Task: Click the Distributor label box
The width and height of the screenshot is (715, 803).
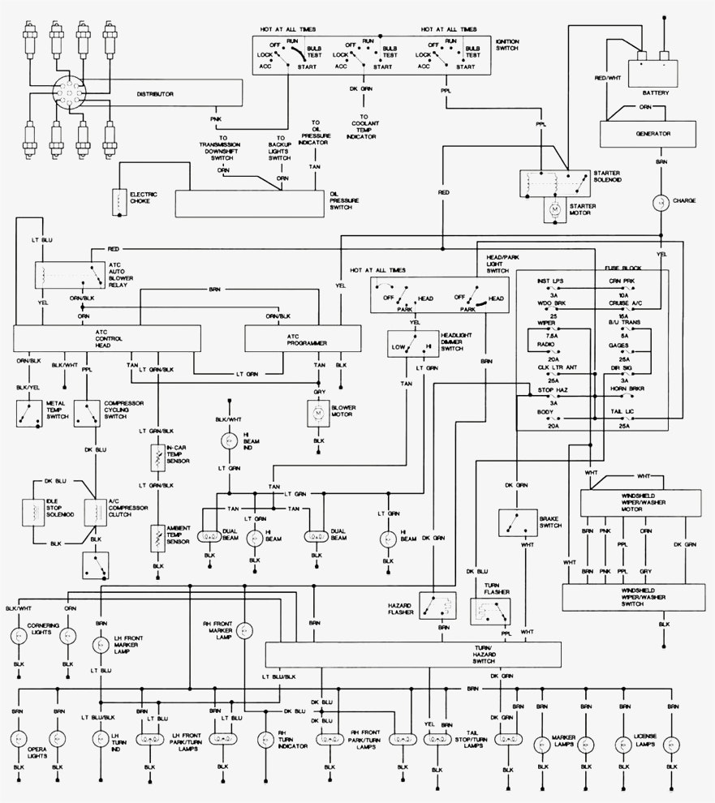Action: [162, 95]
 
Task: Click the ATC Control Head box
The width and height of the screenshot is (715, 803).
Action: [106, 338]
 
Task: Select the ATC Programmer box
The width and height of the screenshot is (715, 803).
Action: [303, 338]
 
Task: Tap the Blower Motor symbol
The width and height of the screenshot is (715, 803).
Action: [317, 414]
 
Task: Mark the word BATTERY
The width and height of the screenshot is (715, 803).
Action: [657, 92]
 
